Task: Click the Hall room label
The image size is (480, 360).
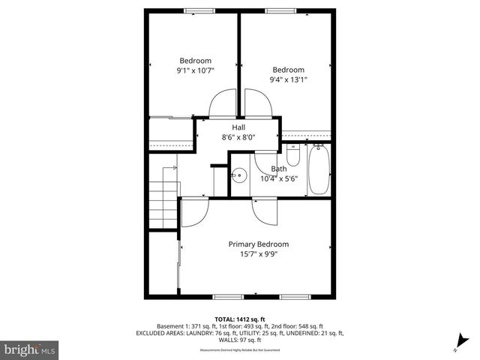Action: (x=238, y=127)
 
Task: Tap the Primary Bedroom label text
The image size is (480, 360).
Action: (x=258, y=244)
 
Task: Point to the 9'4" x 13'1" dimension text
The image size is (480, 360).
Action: (x=289, y=79)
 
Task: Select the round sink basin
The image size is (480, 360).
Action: (x=239, y=175)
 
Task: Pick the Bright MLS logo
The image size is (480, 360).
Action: (x=30, y=350)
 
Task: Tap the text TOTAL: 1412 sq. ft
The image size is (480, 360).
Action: (x=239, y=319)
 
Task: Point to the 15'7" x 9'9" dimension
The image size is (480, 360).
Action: (x=258, y=254)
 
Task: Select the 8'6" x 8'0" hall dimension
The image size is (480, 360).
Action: (x=238, y=137)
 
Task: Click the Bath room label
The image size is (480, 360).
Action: (x=278, y=169)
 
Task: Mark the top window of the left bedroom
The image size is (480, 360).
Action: (x=194, y=10)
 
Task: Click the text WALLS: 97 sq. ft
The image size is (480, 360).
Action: (x=240, y=339)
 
